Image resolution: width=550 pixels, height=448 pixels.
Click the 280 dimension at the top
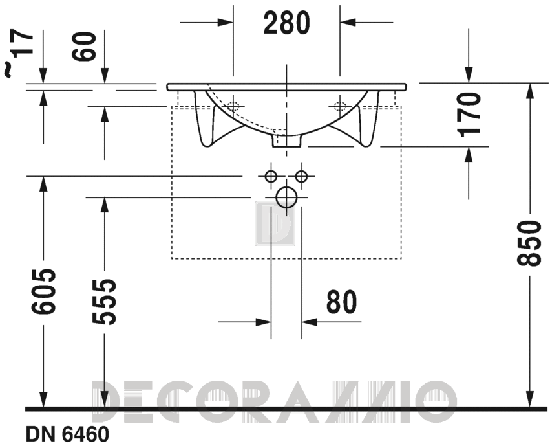point(286,23)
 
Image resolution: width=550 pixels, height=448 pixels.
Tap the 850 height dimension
point(527,243)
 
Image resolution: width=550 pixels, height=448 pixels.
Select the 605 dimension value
point(43,291)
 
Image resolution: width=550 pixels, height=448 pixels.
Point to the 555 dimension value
point(104,302)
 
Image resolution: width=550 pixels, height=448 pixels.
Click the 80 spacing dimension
point(341,302)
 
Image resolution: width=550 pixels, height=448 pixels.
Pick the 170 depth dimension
point(469,114)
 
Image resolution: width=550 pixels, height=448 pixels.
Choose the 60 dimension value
point(84,46)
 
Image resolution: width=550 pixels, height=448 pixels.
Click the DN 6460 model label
point(67,434)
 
